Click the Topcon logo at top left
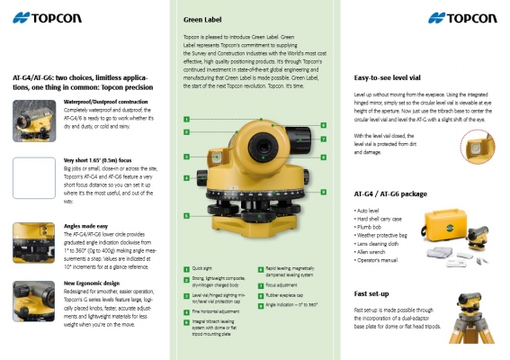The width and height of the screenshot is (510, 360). pos(48,17)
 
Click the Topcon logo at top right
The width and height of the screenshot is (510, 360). pos(461,17)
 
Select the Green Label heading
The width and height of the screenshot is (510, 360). pos(205,18)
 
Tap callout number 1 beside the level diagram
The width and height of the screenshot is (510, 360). pos(185,119)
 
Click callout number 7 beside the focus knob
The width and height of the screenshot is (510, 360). pos(323,139)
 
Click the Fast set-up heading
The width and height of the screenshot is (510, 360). pos(372,293)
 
